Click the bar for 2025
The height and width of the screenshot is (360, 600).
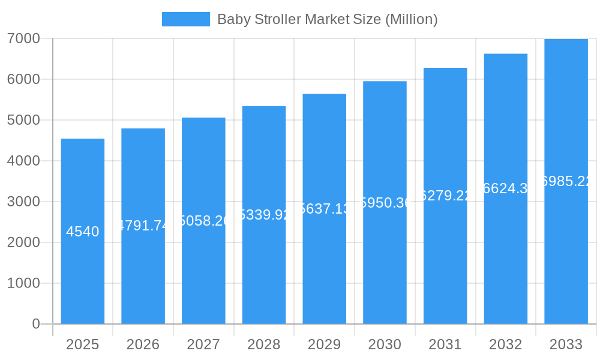click(83, 276)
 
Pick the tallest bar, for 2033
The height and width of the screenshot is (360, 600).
click(566, 252)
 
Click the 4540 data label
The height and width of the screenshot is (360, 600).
click(83, 232)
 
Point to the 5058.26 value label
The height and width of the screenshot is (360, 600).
click(203, 221)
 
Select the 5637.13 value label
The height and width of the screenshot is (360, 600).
click(325, 209)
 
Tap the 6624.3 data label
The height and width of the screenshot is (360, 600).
click(506, 188)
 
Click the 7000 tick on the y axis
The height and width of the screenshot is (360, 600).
click(23, 38)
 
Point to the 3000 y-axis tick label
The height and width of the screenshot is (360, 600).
click(23, 202)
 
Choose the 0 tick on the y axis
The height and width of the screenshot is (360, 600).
click(35, 324)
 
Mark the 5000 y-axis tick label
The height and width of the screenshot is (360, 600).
click(23, 120)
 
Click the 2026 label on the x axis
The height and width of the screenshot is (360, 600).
click(143, 344)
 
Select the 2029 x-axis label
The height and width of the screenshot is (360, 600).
click(325, 344)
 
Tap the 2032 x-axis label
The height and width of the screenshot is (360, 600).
click(506, 344)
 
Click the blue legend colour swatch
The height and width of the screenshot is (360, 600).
click(185, 19)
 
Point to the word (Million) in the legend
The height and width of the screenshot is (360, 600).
click(411, 19)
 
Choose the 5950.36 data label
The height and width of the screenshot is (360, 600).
click(385, 203)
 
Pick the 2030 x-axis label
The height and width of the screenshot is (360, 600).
click(385, 344)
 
